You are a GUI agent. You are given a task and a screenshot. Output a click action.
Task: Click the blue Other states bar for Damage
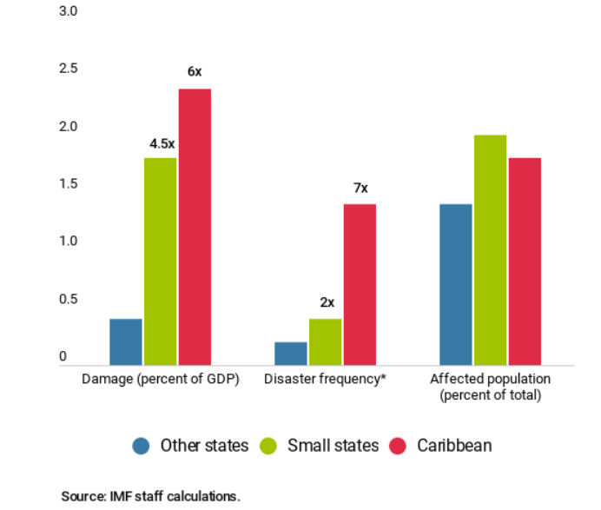(126, 341)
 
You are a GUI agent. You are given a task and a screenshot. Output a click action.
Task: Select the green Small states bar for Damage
(161, 261)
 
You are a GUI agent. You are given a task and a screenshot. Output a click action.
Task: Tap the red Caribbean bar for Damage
(195, 227)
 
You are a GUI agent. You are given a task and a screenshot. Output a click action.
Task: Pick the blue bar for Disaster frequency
(291, 353)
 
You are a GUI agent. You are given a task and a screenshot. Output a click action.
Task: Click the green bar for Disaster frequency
(326, 341)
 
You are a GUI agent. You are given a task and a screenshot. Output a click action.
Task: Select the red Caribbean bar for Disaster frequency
(360, 284)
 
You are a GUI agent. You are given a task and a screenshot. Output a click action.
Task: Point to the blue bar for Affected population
(456, 284)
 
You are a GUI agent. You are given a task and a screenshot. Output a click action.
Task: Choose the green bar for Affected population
(491, 249)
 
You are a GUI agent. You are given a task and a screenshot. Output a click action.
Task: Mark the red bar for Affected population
(525, 261)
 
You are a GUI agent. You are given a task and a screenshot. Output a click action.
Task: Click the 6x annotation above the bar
(195, 72)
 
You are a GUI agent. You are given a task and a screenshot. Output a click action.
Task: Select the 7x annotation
(360, 188)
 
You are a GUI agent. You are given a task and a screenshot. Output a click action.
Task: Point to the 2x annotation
(327, 303)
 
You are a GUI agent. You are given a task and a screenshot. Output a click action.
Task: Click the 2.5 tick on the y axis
(69, 69)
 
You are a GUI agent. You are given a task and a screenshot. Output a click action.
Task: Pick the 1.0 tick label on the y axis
(69, 241)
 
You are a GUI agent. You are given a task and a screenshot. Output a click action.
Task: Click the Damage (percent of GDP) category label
(161, 380)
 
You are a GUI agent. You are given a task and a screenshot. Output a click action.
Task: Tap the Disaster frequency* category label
(325, 380)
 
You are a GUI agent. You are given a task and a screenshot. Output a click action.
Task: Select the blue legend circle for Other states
(142, 446)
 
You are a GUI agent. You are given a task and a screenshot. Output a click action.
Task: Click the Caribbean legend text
(454, 446)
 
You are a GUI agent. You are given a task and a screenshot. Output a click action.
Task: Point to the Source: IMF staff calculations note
(150, 496)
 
